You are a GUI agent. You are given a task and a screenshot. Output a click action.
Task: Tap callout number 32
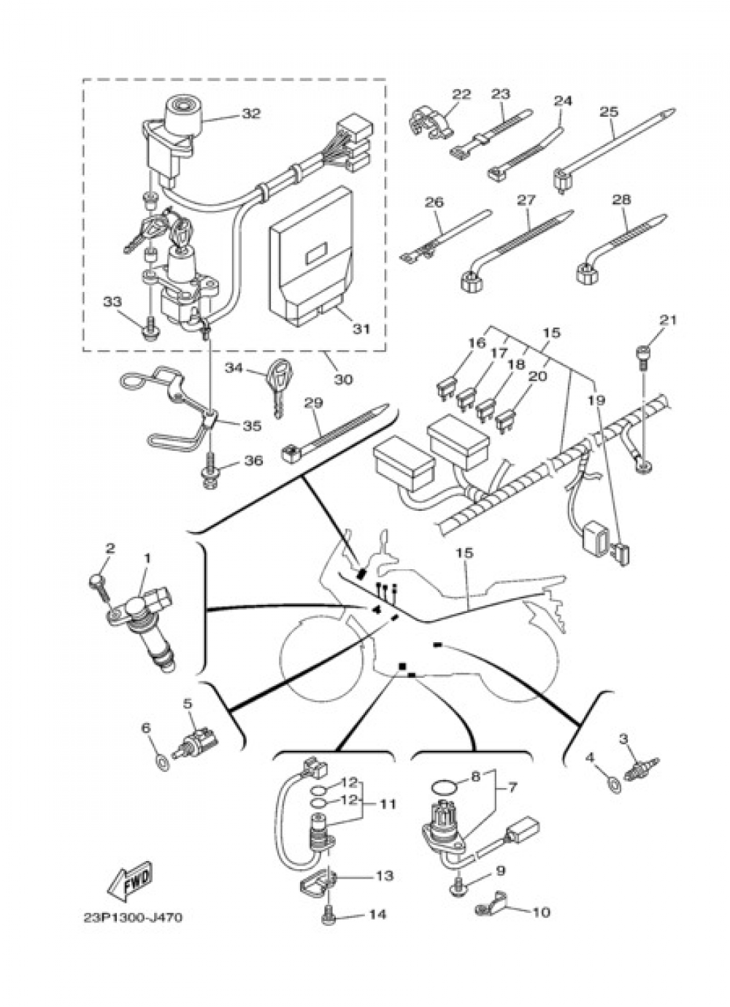[x=251, y=113]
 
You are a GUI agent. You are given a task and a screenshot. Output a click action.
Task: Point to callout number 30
[x=344, y=380]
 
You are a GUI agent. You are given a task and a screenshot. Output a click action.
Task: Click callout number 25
[x=609, y=112]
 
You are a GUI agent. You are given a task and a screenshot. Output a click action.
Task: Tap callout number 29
[x=313, y=403]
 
